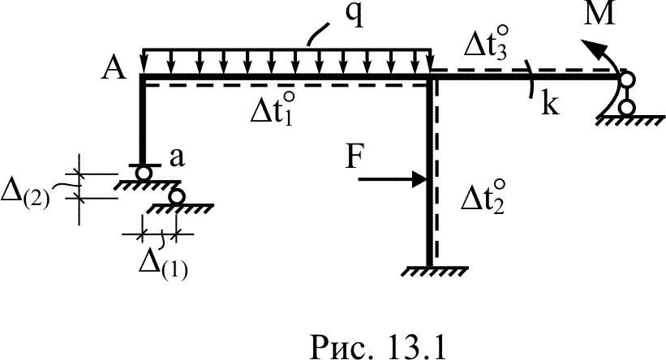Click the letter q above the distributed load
[x=354, y=15]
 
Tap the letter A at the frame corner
[x=114, y=68]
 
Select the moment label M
[x=599, y=14]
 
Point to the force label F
[x=354, y=157]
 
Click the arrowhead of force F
[x=419, y=179]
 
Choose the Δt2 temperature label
[x=483, y=197]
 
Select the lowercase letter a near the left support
[x=177, y=158]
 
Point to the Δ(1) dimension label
[x=164, y=266]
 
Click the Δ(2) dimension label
[x=25, y=195]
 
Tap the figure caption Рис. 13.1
[x=378, y=345]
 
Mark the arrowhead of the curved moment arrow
[x=591, y=48]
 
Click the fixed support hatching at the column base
[x=434, y=272]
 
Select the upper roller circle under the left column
[x=144, y=173]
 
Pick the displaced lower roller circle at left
[x=176, y=196]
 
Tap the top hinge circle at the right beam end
[x=627, y=79]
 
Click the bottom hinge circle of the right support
[x=625, y=107]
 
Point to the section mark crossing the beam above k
[x=531, y=79]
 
